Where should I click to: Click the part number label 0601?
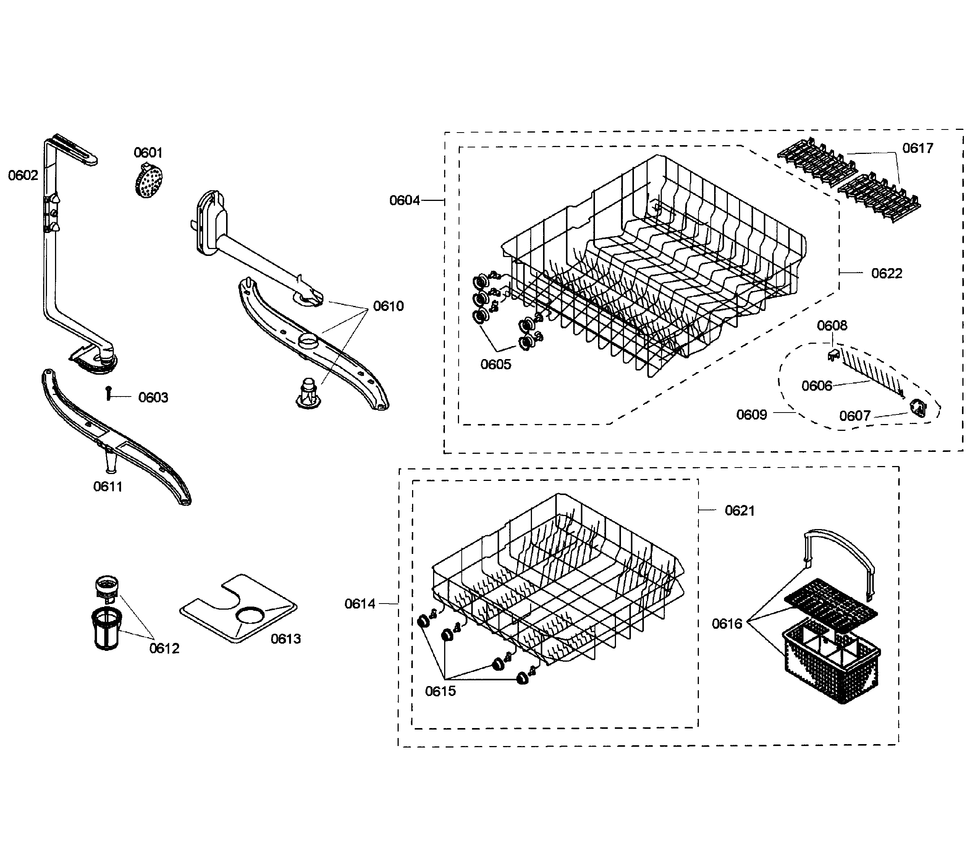[x=148, y=152]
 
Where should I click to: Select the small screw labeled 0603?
[x=109, y=393]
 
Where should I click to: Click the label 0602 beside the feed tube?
[x=23, y=176]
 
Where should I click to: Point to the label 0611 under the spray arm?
[x=107, y=487]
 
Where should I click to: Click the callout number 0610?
[x=388, y=306]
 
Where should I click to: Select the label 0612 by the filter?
[x=164, y=648]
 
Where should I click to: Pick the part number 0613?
[x=285, y=639]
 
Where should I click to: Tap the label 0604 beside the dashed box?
[x=404, y=201]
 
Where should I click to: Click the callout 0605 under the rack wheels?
[x=495, y=364]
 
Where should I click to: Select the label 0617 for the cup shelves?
[x=917, y=149]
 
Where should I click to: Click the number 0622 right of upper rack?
[x=887, y=273]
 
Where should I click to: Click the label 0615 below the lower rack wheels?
[x=440, y=691]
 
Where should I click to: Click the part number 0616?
[x=727, y=624]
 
